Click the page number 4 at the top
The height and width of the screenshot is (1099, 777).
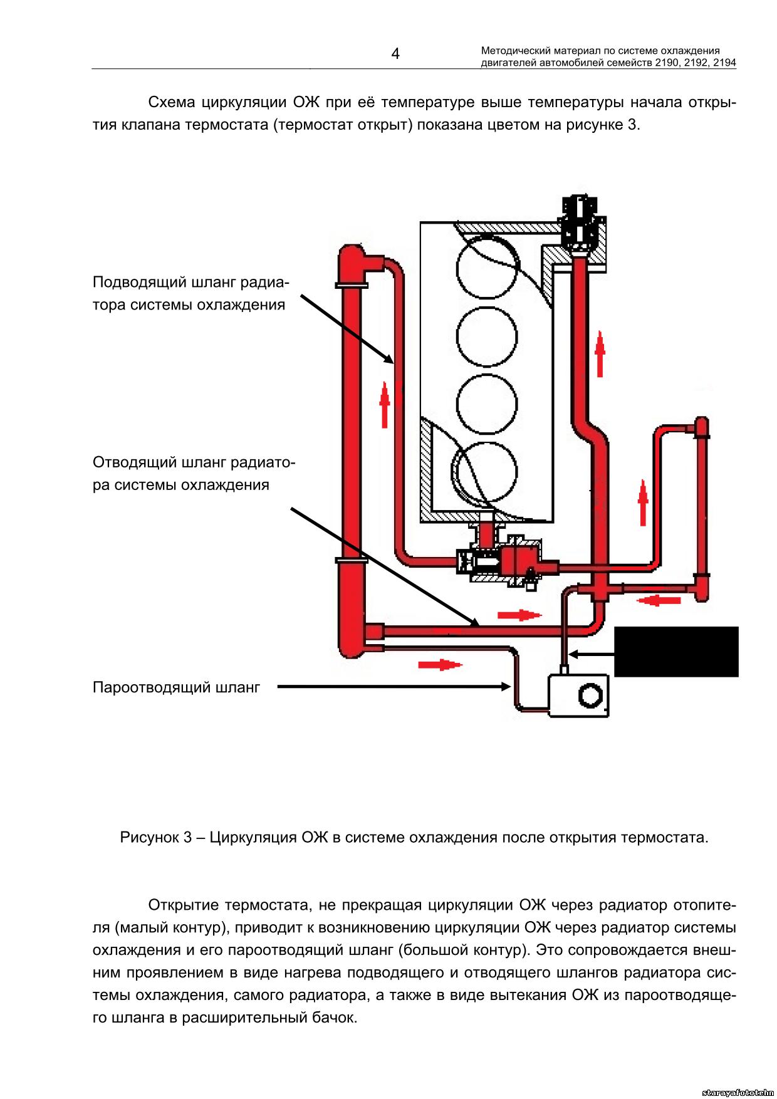pyautogui.click(x=395, y=54)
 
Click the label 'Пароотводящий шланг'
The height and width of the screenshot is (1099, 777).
pyautogui.click(x=176, y=687)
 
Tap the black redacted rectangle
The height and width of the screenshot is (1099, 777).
pyautogui.click(x=676, y=652)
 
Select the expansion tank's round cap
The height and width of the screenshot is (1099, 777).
pyautogui.click(x=590, y=695)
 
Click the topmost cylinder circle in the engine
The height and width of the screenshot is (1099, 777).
pyautogui.click(x=488, y=267)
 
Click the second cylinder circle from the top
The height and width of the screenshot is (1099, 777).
pyautogui.click(x=488, y=336)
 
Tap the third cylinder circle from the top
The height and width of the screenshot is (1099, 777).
pyautogui.click(x=488, y=404)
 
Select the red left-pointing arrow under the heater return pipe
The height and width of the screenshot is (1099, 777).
pyautogui.click(x=659, y=600)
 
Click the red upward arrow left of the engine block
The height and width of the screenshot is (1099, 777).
pyautogui.click(x=385, y=405)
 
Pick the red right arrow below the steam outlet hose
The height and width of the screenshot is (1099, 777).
pyautogui.click(x=441, y=664)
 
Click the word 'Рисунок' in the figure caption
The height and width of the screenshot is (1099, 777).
pyautogui.click(x=149, y=837)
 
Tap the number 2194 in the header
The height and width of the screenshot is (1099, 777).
pyautogui.click(x=724, y=63)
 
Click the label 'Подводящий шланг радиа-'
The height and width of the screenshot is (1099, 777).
pyautogui.click(x=191, y=282)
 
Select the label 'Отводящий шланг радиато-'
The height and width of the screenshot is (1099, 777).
pyautogui.click(x=194, y=462)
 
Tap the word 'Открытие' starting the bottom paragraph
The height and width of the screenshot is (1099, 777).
pyautogui.click(x=182, y=905)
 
